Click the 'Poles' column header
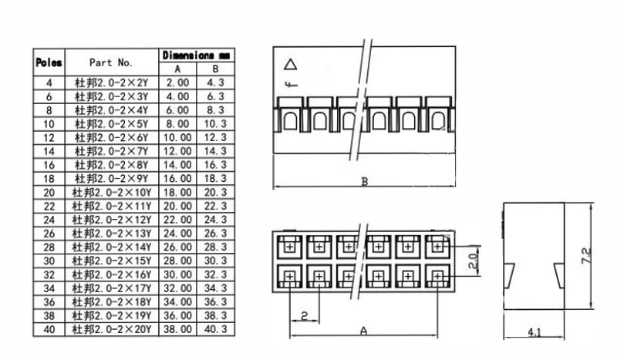point(49,62)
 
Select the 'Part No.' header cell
point(111,62)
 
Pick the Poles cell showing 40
point(49,329)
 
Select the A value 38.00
point(177,329)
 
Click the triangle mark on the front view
point(291,65)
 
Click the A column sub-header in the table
point(177,68)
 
